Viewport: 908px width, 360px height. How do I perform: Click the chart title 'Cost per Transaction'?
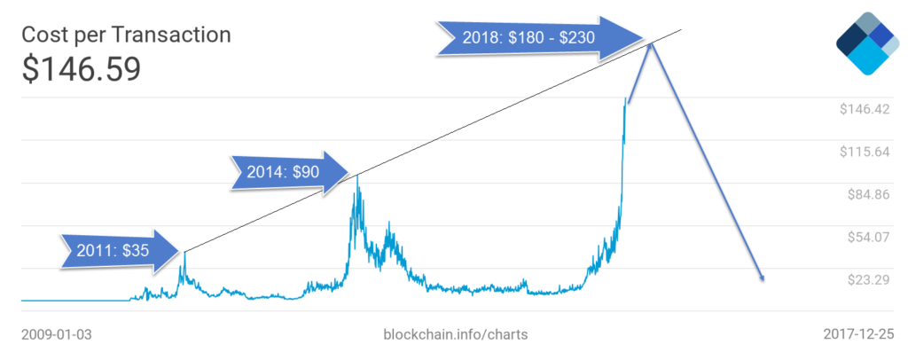pyautogui.click(x=126, y=35)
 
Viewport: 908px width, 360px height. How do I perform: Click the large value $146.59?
pyautogui.click(x=81, y=69)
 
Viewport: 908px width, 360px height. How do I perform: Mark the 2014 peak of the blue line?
pyautogui.click(x=357, y=176)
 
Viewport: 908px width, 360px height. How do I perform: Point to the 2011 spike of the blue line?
pyautogui.click(x=184, y=254)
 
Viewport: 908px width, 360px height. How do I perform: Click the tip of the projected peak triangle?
pyautogui.click(x=653, y=43)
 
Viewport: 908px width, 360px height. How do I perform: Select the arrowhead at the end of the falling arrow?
pyautogui.click(x=761, y=278)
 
